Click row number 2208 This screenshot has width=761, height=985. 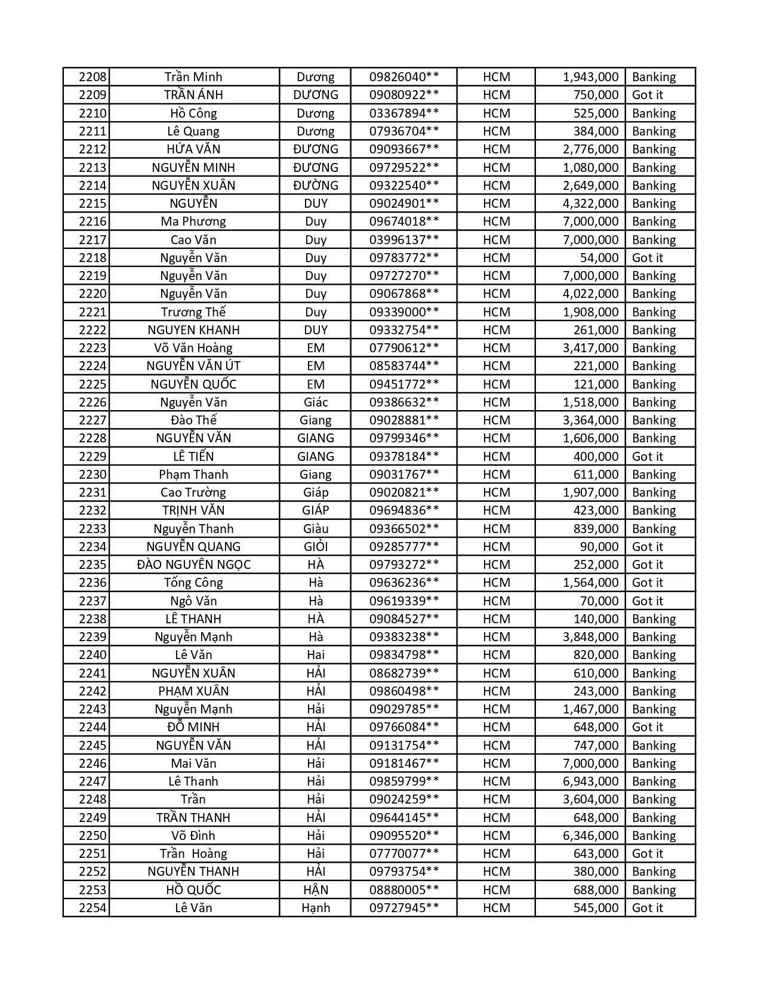(93, 77)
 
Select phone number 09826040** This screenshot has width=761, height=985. (404, 77)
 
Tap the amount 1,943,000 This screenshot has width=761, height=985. (590, 77)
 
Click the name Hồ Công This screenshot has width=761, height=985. (193, 113)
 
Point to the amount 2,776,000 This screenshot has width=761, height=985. (590, 149)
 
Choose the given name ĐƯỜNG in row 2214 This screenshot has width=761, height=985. (315, 186)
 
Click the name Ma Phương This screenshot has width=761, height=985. (193, 221)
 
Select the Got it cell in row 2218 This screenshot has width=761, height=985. (647, 258)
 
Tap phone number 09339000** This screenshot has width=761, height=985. (404, 312)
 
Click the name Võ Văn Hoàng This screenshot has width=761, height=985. (193, 348)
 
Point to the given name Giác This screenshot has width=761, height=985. (315, 402)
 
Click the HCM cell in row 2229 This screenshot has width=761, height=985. (496, 457)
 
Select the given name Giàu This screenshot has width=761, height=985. (315, 529)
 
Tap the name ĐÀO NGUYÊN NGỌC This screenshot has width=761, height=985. (193, 565)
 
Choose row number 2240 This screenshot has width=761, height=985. (93, 655)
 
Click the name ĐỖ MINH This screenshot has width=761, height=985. (193, 727)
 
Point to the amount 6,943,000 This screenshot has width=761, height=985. (590, 781)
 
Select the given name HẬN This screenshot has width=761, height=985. (315, 890)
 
